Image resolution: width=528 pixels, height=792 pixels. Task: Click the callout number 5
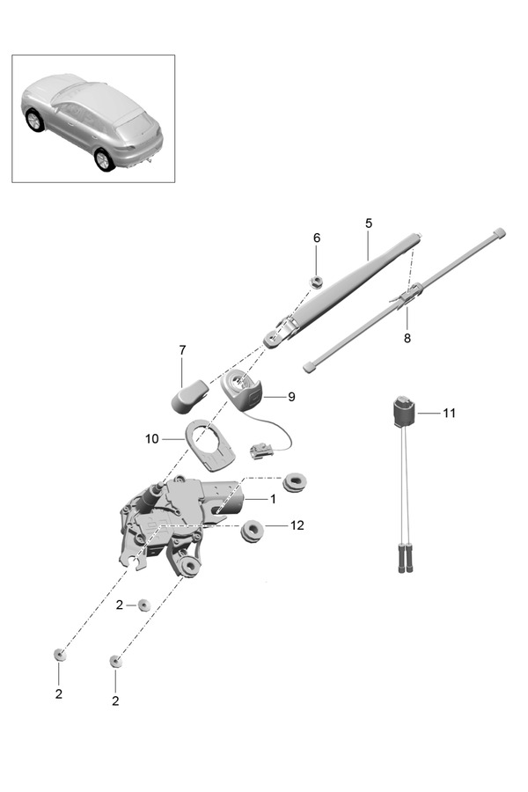[369, 224]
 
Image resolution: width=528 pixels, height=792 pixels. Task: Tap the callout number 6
[317, 238]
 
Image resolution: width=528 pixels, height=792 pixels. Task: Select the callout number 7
[182, 350]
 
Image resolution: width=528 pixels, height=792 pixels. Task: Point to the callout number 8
[407, 337]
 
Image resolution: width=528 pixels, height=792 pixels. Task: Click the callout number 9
[291, 397]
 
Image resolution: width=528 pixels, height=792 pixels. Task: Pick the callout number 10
[150, 437]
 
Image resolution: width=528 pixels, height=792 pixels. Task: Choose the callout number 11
[450, 412]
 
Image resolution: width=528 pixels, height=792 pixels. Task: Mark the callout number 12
[297, 525]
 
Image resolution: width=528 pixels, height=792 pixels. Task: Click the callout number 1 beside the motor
[273, 499]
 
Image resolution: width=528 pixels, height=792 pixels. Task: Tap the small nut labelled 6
[318, 282]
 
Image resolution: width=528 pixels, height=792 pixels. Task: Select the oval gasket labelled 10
[210, 445]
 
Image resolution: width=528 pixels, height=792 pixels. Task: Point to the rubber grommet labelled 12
[254, 531]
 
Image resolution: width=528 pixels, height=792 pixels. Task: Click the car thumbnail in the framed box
[93, 120]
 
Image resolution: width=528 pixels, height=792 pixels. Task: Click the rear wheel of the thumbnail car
[105, 158]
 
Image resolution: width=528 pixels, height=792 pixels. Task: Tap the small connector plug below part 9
[260, 450]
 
